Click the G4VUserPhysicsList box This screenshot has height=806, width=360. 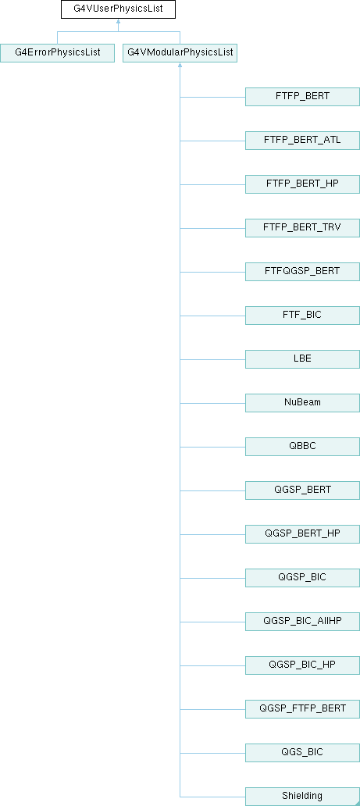click(118, 9)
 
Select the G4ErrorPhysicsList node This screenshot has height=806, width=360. click(57, 53)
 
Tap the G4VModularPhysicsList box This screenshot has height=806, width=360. click(180, 53)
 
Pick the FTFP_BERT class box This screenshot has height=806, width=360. click(302, 97)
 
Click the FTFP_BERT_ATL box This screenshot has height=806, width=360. click(302, 141)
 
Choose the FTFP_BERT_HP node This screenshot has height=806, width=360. click(302, 184)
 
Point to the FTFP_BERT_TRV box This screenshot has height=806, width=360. click(302, 228)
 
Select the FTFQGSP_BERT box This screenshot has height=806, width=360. click(302, 272)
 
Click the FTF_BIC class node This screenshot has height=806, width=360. click(302, 315)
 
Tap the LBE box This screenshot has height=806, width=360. click(302, 358)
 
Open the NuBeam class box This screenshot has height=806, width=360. click(302, 402)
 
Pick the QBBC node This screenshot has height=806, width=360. click(302, 446)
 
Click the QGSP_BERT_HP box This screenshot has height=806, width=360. click(302, 533)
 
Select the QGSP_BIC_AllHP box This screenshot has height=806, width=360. click(302, 621)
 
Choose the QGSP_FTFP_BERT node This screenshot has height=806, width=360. click(302, 708)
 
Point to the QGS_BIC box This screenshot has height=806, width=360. click(302, 752)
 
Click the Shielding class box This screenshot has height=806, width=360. click(302, 796)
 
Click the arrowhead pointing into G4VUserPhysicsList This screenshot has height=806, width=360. click(118, 21)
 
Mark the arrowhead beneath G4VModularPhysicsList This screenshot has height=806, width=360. click(180, 65)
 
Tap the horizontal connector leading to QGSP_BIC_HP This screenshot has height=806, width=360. click(212, 665)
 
